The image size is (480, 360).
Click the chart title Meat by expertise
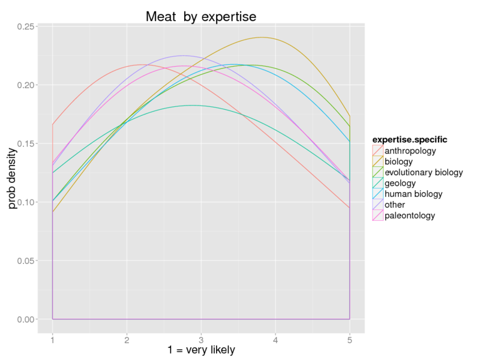[x=201, y=17]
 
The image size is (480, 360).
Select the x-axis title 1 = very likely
[x=201, y=350]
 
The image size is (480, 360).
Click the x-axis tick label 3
[x=201, y=340]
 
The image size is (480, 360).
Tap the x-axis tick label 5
[x=350, y=340]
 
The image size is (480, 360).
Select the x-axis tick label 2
[x=127, y=340]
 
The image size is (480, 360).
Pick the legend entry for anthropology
[x=410, y=151]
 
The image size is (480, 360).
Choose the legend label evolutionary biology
[x=424, y=172]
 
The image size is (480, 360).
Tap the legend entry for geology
[x=400, y=183]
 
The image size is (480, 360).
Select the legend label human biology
[x=413, y=194]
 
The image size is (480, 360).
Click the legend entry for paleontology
[x=410, y=215]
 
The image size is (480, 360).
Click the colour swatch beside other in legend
[x=377, y=205]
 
